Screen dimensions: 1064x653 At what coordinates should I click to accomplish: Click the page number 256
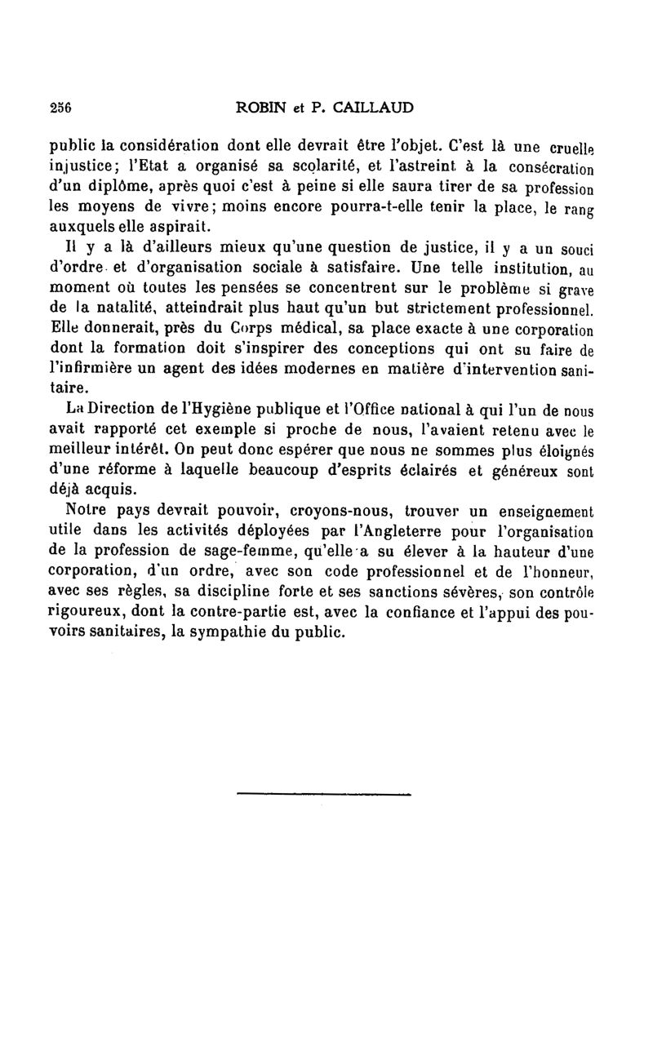coord(62,106)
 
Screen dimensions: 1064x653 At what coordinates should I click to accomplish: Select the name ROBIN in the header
coord(260,106)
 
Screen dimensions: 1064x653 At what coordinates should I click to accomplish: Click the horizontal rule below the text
coord(322,791)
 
